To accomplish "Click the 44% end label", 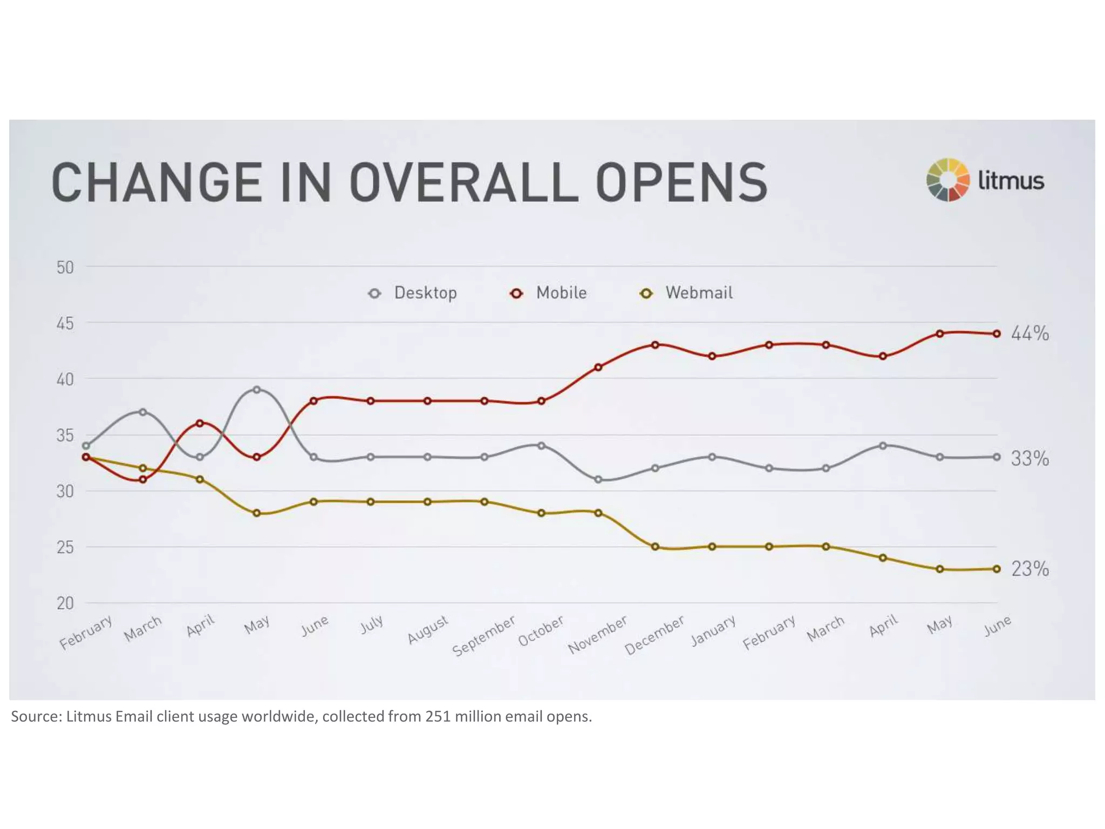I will (x=1029, y=334).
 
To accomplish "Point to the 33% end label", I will (x=1029, y=459).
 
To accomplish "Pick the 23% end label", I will (x=1029, y=569).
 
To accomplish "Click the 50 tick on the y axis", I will (x=65, y=268).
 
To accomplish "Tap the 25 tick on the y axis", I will (x=65, y=547).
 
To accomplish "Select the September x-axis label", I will (x=483, y=636).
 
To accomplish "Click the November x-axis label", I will (x=597, y=635).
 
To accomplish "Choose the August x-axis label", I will (x=427, y=629).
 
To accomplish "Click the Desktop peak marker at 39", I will (x=257, y=390).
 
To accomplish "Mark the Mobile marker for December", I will (x=655, y=345).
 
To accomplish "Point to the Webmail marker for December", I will (x=655, y=547).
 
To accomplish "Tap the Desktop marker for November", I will (x=598, y=479).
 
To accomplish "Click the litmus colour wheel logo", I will (x=947, y=180).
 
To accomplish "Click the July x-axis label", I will (x=372, y=624).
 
